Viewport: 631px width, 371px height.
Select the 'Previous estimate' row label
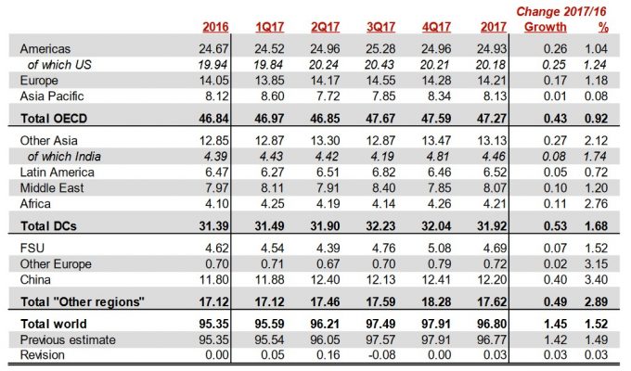pos(62,339)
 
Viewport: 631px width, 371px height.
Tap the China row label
pos(35,279)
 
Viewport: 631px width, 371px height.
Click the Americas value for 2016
pos(213,46)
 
